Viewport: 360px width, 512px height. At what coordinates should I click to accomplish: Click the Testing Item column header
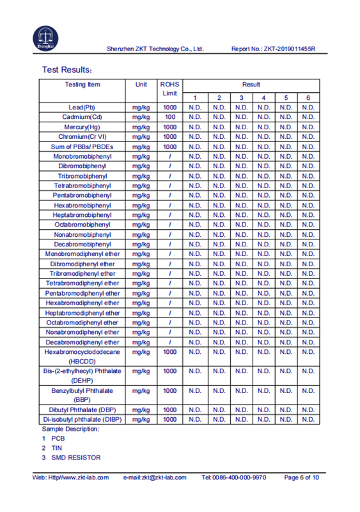pos(82,84)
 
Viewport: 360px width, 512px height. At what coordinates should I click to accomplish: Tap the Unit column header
pos(141,84)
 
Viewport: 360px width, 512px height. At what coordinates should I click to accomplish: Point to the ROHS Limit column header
pos(170,89)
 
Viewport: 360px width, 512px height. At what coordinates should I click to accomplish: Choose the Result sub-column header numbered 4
pos(263,97)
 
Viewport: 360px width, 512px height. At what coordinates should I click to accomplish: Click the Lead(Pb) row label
pos(82,108)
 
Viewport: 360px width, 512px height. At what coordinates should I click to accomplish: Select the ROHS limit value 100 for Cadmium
pos(170,117)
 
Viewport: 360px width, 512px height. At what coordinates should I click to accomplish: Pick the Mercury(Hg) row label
pos(82,127)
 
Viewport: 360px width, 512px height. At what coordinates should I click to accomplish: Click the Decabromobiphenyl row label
pos(82,244)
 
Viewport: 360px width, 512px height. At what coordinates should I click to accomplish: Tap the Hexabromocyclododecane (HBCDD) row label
pos(82,356)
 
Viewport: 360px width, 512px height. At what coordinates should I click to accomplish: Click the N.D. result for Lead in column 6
pos(308,108)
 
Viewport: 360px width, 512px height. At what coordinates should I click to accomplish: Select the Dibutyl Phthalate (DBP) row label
pos(82,410)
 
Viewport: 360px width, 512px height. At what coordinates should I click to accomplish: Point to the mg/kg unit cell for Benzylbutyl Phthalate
pos(141,390)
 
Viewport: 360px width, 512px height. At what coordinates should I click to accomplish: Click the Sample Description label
pos(70,429)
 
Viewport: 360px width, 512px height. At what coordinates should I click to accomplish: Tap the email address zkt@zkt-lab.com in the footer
pos(154,477)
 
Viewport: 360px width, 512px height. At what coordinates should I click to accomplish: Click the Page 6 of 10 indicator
pos(301,477)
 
